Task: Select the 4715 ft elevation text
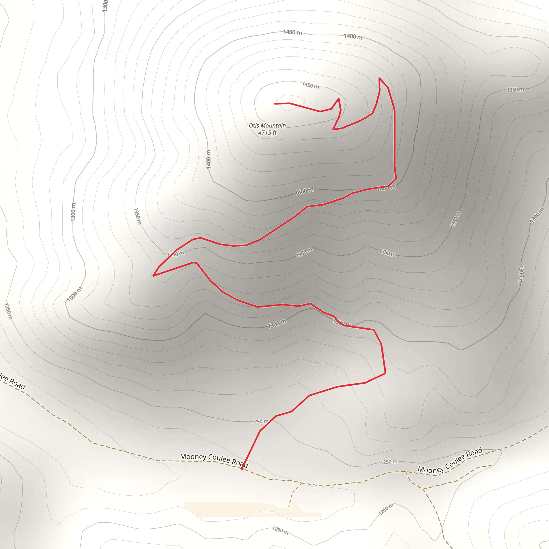(x=267, y=132)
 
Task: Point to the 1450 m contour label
(x=310, y=85)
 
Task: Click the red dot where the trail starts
(x=242, y=468)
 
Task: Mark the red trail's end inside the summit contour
(x=275, y=104)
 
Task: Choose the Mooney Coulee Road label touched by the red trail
(x=214, y=460)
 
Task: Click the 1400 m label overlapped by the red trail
(x=387, y=188)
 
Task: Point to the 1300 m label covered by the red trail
(x=342, y=323)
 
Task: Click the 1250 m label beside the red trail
(x=260, y=421)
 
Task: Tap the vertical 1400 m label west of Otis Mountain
(x=209, y=159)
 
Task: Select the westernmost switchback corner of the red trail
(x=153, y=276)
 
